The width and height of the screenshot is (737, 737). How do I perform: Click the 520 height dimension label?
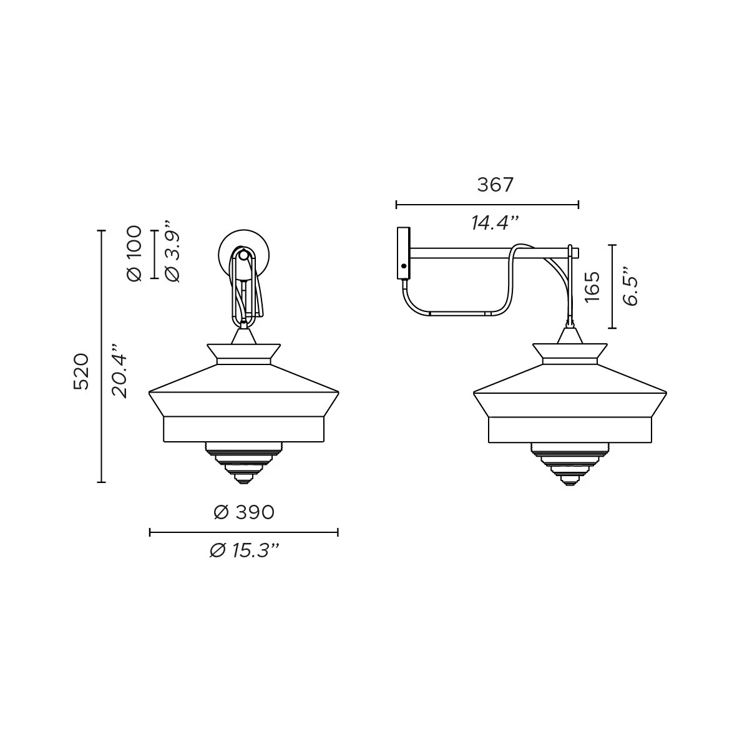81,371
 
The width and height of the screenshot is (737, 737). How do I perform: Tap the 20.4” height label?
120,371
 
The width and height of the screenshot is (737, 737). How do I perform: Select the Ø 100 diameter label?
134,253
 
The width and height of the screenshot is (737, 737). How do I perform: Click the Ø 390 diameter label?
244,512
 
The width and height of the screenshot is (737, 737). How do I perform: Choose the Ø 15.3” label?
245,550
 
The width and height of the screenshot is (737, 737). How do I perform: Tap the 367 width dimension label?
495,185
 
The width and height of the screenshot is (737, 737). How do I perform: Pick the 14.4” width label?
495,222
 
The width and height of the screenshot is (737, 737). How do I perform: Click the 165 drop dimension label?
592,286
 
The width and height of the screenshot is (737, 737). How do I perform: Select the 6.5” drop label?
630,286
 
